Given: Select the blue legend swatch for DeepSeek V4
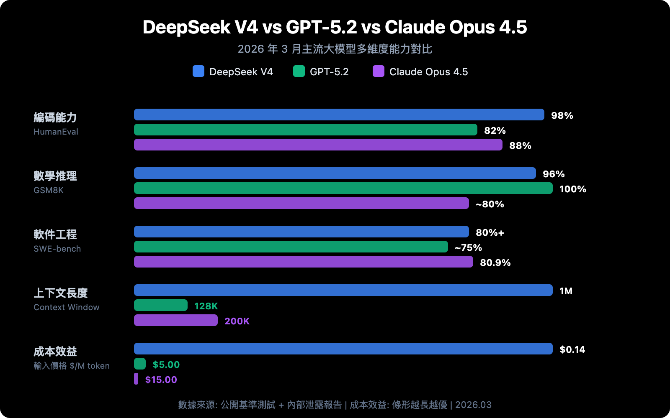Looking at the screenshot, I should (x=198, y=71).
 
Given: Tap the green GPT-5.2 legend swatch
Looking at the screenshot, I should (x=299, y=71).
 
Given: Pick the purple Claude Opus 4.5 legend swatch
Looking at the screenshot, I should (x=379, y=71).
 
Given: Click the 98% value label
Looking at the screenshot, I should (x=562, y=115).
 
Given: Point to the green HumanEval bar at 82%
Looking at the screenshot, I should (x=306, y=130).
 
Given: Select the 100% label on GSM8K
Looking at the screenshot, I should (x=572, y=189).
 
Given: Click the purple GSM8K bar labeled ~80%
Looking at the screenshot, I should (x=301, y=203).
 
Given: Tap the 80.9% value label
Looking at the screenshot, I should (x=495, y=263).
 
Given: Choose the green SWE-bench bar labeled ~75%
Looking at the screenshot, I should (x=291, y=247).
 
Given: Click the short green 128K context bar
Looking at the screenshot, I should (x=161, y=305).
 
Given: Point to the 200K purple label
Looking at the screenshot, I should (x=237, y=321).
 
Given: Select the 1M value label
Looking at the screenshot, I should (x=566, y=291).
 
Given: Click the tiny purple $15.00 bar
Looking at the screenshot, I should (x=136, y=379).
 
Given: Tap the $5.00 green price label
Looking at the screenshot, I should (x=166, y=364).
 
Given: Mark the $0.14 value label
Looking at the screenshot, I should (x=572, y=349).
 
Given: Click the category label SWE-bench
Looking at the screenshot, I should (x=57, y=249).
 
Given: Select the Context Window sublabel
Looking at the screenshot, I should (x=67, y=307).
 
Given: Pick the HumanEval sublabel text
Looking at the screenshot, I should (x=56, y=132).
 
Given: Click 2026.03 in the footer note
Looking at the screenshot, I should (x=473, y=405).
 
